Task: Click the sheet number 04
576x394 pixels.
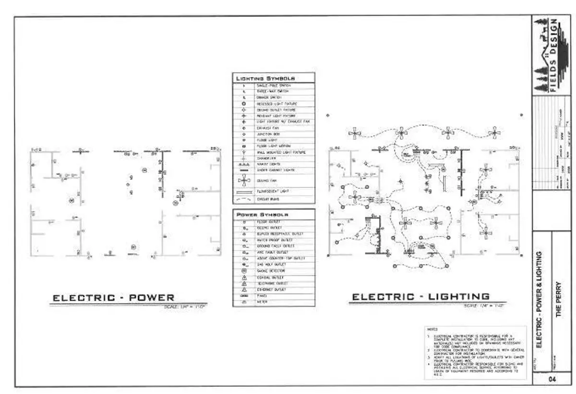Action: pyautogui.click(x=553, y=380)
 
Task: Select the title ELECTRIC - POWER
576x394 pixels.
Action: pyautogui.click(x=113, y=298)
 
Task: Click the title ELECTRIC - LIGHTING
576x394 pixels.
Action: pyautogui.click(x=421, y=297)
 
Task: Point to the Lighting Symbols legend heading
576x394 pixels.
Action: pyautogui.click(x=265, y=78)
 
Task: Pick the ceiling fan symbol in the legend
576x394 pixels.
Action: pyautogui.click(x=244, y=180)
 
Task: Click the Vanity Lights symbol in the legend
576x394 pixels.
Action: pyautogui.click(x=244, y=164)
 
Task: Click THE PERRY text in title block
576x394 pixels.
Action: pyautogui.click(x=558, y=298)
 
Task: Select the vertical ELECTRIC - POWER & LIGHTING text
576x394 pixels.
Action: pyautogui.click(x=539, y=298)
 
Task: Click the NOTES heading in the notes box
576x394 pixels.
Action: pyautogui.click(x=431, y=330)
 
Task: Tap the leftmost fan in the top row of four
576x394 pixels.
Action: pyautogui.click(x=355, y=133)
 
